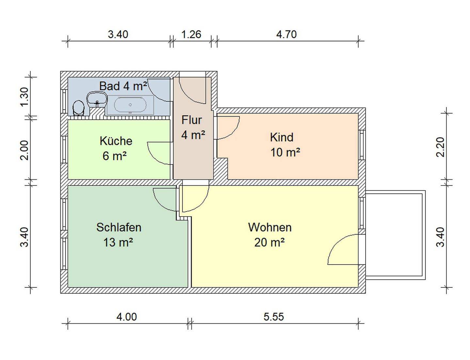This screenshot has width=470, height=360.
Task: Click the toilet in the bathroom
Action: coord(78,107)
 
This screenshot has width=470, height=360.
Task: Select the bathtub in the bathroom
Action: coord(130,105)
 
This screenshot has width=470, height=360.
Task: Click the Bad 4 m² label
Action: coord(123,86)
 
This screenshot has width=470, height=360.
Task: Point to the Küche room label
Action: coord(116,141)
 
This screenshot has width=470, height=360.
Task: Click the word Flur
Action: coord(192,120)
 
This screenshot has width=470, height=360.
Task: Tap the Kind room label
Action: coord(282,137)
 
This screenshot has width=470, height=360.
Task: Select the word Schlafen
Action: coord(118,227)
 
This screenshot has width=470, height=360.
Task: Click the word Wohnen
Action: coord(270,227)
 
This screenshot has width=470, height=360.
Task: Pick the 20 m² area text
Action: coord(269,243)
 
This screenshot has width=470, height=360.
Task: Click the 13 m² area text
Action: coord(118,243)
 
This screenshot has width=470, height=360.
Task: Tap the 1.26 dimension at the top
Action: coord(191,35)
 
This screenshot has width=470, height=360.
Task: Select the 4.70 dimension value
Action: coord(286,35)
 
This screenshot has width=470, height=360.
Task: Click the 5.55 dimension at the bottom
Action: coord(274,317)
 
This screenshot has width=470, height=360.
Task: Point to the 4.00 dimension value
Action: coord(127,317)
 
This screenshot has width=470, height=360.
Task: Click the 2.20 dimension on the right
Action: coord(441,147)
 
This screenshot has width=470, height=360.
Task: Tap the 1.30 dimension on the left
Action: coord(24,96)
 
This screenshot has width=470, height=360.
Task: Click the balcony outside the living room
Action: coord(395,235)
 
